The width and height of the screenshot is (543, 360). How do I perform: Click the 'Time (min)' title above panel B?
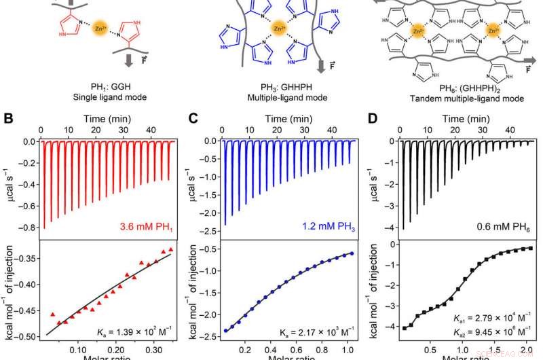(109, 117)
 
